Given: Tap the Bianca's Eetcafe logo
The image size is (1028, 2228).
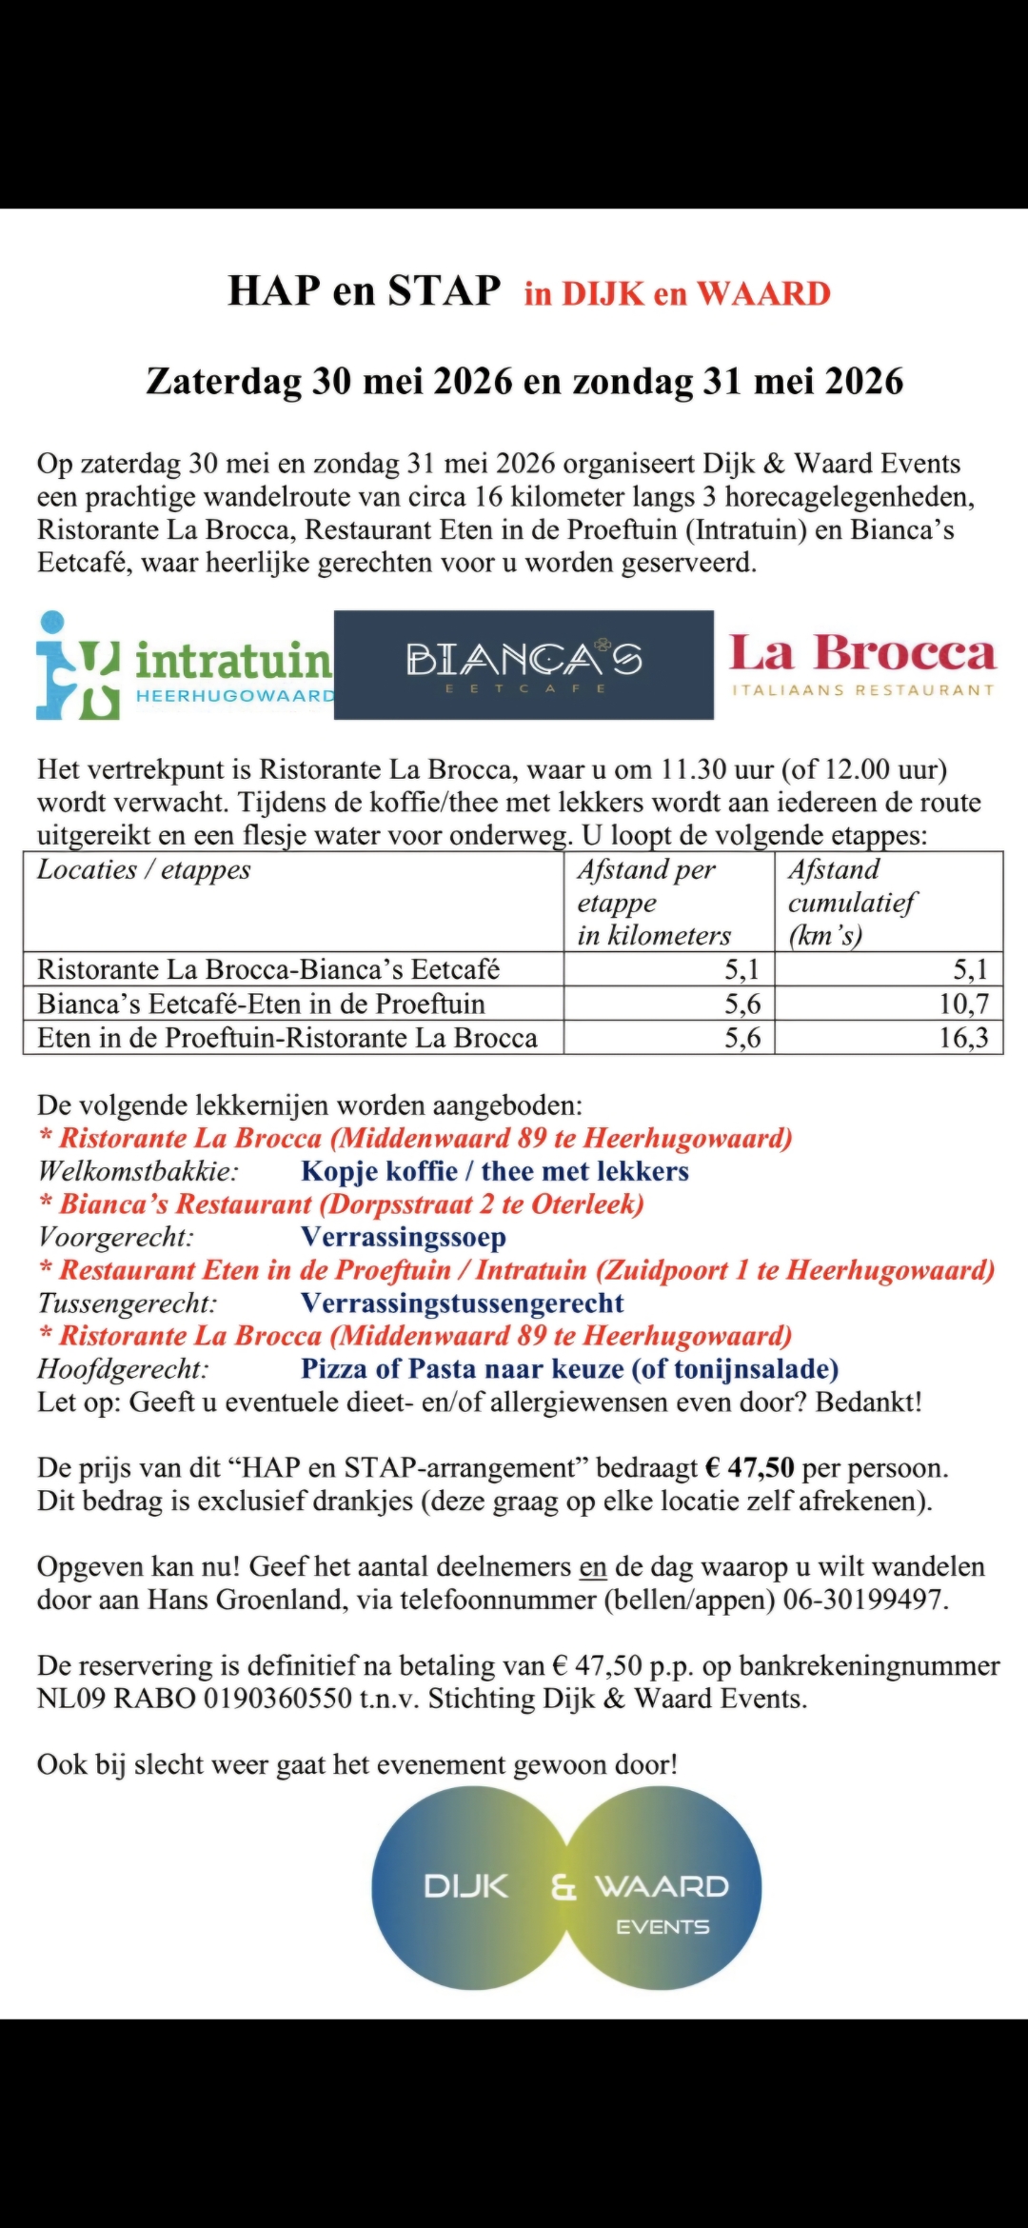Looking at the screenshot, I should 524,665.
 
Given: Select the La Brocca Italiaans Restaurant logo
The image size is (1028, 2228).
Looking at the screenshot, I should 862,665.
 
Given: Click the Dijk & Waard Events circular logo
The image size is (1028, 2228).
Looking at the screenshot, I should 566,1900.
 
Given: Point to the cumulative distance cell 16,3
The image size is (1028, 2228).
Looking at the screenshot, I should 963,1038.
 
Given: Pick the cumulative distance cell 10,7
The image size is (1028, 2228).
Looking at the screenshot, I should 963,1004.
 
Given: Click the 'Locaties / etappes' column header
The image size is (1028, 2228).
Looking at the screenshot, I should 144,869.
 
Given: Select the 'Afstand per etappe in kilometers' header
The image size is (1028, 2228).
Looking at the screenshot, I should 654,902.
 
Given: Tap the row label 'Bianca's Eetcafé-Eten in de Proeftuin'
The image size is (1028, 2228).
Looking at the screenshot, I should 261,1004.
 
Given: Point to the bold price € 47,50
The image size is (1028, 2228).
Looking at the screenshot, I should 749,1468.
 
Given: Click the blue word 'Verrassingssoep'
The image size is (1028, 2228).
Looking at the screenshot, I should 404,1237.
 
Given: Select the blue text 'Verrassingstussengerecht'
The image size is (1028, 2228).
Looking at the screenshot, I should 463,1303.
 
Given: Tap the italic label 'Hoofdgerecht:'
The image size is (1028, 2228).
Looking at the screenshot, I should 123,1369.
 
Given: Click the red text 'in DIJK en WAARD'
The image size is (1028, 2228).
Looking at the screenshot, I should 677,293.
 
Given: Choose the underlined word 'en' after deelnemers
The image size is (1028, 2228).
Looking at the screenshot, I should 593,1566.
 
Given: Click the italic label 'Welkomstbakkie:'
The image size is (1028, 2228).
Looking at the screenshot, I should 138,1171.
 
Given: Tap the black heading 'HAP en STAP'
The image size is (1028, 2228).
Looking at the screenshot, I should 365,289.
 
